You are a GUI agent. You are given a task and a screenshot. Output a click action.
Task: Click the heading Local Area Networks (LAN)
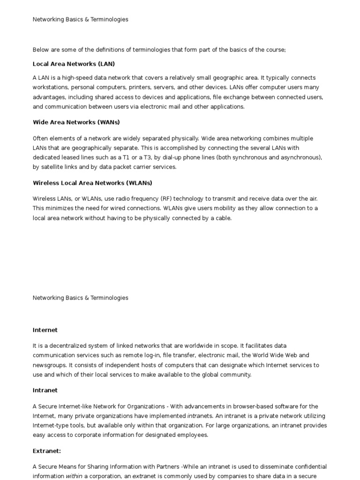coord(74,64)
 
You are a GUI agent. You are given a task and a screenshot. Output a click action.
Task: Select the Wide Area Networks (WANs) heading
coord(76,122)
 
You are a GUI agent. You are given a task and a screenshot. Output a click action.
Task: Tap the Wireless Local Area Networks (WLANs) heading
coord(92,183)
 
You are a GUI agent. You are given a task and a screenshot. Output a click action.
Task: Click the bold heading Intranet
coord(45,390)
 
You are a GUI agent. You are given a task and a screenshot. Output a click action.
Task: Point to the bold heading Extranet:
coord(47,451)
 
